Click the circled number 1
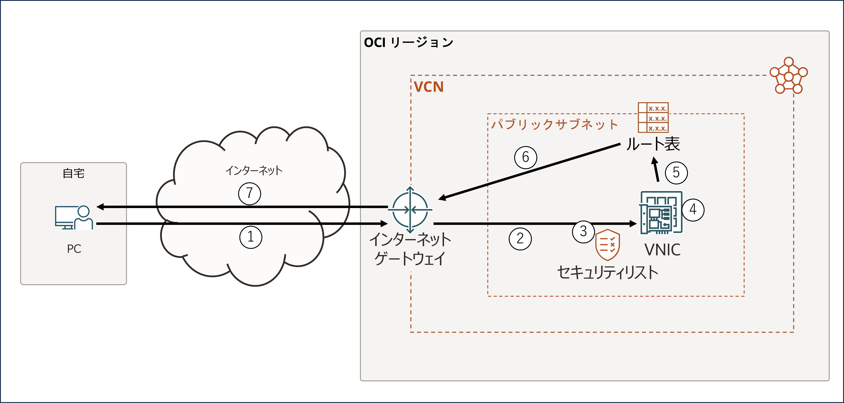[251, 237]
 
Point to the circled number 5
[676, 173]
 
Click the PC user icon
[74, 218]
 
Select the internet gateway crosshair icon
[410, 210]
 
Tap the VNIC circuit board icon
[661, 213]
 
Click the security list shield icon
[607, 245]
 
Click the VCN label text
[429, 87]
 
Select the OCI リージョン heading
[409, 43]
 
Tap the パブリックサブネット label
[554, 125]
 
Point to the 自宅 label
[74, 173]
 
